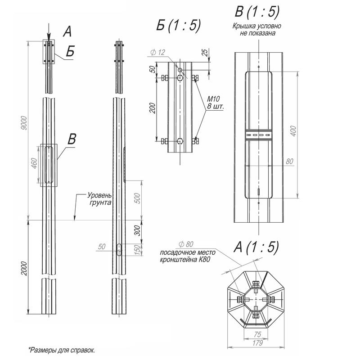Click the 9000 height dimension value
click(x=24, y=124)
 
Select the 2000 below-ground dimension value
click(x=24, y=267)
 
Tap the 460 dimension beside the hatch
click(x=34, y=165)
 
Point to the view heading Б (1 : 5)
click(x=178, y=26)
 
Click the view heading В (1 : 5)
click(x=258, y=12)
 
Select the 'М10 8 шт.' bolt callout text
click(x=216, y=103)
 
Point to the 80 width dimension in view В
click(x=289, y=161)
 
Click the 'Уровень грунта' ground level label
click(x=99, y=199)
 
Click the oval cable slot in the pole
click(x=118, y=249)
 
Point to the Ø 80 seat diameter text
click(x=186, y=244)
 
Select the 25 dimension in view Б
click(x=205, y=53)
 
